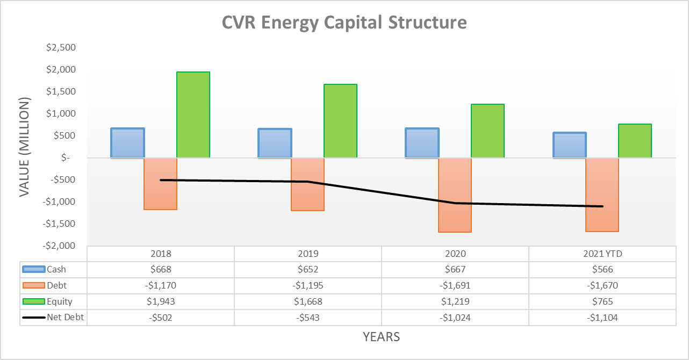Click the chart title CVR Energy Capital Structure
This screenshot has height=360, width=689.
coord(344,23)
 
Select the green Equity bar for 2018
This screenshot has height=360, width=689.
coord(193,114)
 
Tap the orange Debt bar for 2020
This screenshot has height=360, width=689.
coord(455,195)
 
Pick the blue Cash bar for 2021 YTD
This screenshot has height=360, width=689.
coord(570,145)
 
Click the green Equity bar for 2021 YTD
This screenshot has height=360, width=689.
coord(635,141)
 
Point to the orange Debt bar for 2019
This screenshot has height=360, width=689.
coord(307,184)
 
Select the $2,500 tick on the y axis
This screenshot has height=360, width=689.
coord(61,48)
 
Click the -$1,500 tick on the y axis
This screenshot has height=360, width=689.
coord(61,224)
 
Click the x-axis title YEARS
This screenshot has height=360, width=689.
coord(381,337)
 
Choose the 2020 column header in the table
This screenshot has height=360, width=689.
coord(455,254)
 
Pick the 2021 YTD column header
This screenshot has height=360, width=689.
coord(602,254)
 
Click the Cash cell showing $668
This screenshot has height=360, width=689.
coord(161,270)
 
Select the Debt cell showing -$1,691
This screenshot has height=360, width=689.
coord(455,286)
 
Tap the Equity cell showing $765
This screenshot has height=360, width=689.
coord(602,301)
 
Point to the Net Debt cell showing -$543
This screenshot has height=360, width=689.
coord(307,318)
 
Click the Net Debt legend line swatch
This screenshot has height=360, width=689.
coord(33,318)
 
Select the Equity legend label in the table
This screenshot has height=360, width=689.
coord(59,301)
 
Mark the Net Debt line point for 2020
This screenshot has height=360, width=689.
coord(455,203)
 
